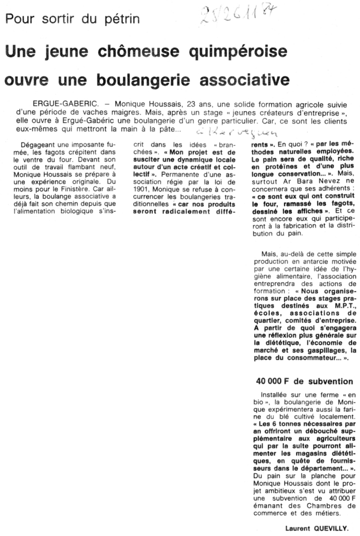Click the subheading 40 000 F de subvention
tap(305, 381)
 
